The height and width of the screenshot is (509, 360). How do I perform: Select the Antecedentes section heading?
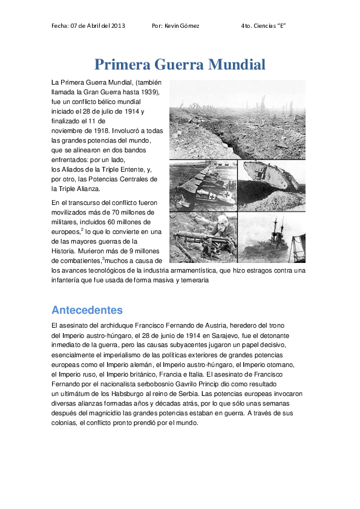pyautogui.click(x=87, y=310)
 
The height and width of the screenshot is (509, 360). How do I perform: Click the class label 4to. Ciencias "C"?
pyautogui.click(x=263, y=26)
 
